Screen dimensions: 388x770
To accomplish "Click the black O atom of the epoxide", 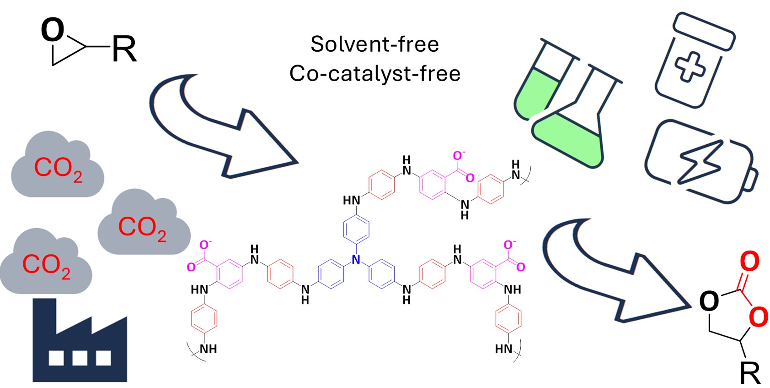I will [x=52, y=30].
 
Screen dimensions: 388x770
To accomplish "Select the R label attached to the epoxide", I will [x=124, y=49].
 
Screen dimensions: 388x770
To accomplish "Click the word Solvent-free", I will [x=374, y=44].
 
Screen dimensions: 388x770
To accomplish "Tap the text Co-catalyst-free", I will [x=374, y=73].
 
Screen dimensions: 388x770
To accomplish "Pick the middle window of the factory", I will [x=80, y=358].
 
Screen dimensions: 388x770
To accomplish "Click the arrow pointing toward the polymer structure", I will [x=215, y=128].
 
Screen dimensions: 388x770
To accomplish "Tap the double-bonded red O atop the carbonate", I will [x=749, y=261].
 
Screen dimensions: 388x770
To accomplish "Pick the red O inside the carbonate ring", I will [x=758, y=317].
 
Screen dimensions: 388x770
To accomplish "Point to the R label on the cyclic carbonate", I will [x=750, y=373].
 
